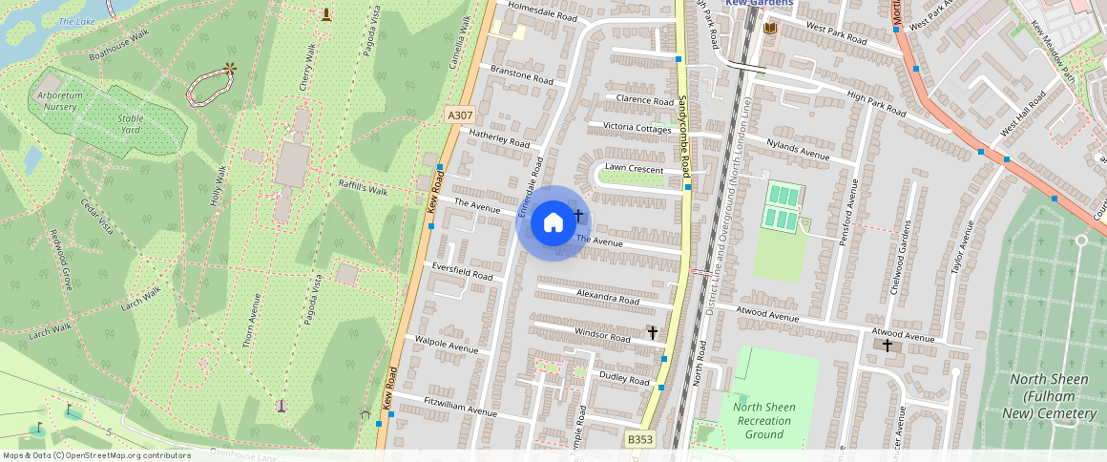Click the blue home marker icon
pyautogui.click(x=553, y=223)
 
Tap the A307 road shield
pyautogui.click(x=460, y=115)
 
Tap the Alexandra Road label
pyautogui.click(x=608, y=299)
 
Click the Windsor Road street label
pyautogui.click(x=602, y=337)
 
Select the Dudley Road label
pyautogui.click(x=624, y=378)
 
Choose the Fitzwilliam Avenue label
pyautogui.click(x=461, y=407)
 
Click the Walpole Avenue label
pyautogui.click(x=447, y=345)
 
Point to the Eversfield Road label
pyautogui.click(x=462, y=271)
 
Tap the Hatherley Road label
pyautogui.click(x=498, y=137)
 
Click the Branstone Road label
pyautogui.click(x=521, y=75)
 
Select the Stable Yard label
pyautogui.click(x=130, y=123)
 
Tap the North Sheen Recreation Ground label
pyautogui.click(x=764, y=420)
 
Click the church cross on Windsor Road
pyautogui.click(x=653, y=332)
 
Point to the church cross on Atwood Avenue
pyautogui.click(x=888, y=345)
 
